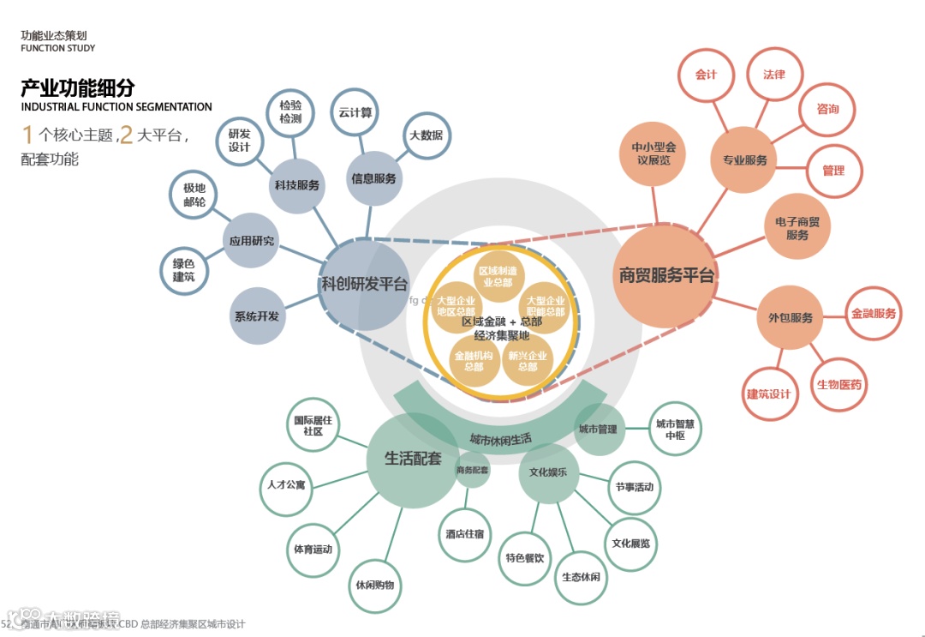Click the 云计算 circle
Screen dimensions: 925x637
355,112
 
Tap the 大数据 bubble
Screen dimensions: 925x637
426,135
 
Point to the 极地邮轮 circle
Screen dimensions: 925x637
194,195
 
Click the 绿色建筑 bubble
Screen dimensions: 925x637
184,270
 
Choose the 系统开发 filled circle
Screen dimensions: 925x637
257,315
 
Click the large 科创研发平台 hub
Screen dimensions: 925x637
364,285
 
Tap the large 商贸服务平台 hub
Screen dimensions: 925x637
665,276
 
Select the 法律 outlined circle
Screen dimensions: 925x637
773,75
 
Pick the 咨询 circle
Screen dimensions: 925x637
827,110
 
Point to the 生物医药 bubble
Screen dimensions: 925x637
839,384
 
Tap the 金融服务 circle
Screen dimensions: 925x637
873,314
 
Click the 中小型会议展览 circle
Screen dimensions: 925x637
653,153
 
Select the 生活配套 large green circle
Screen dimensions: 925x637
413,460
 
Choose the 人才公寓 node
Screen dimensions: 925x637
286,486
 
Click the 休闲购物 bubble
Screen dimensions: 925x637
375,586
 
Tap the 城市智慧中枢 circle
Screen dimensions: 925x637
675,429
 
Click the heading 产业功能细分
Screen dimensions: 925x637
78,87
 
